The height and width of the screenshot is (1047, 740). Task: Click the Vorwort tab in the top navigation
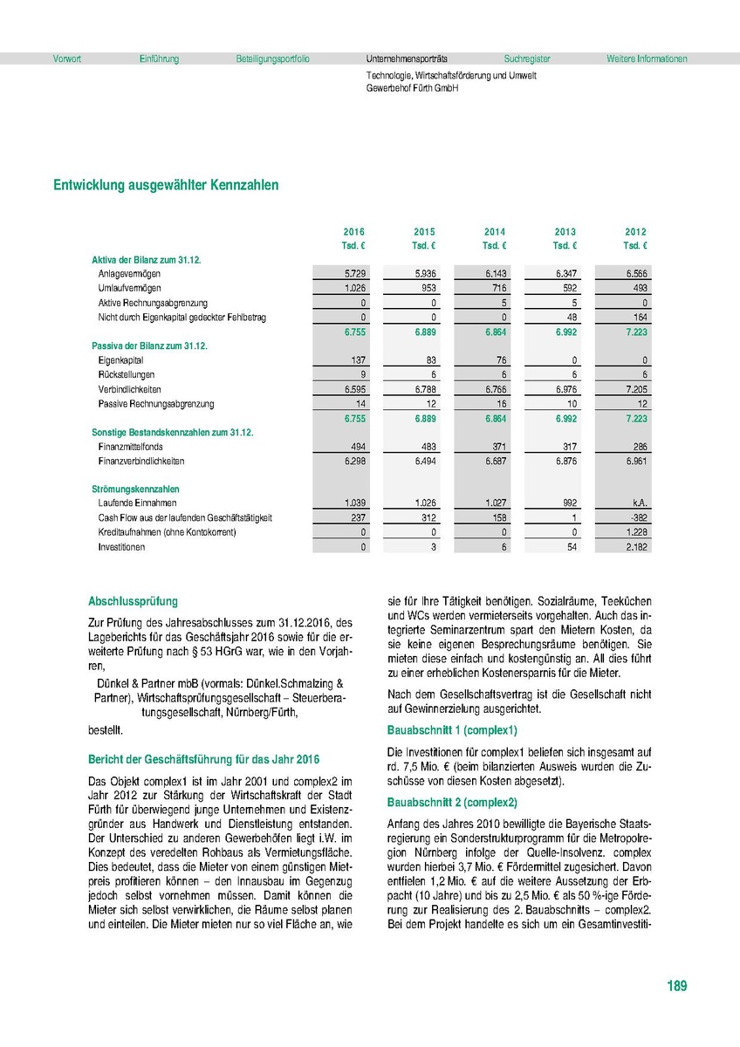[x=67, y=59]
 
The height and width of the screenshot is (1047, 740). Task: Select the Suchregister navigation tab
[x=527, y=59]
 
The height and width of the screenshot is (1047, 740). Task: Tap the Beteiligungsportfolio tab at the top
[x=272, y=59]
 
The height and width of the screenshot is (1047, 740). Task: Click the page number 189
[x=676, y=986]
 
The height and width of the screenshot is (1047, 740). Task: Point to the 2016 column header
[x=354, y=232]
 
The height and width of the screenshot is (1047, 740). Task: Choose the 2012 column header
[x=635, y=232]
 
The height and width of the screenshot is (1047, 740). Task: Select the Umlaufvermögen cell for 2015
[x=425, y=288]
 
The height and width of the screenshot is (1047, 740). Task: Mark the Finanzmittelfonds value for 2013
[x=565, y=447]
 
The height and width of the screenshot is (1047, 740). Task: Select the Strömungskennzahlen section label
[x=136, y=489]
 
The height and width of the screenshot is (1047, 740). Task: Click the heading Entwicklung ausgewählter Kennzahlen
[x=166, y=185]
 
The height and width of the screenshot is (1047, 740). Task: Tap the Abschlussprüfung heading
[x=134, y=601]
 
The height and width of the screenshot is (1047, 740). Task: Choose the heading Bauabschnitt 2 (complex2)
[x=452, y=802]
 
